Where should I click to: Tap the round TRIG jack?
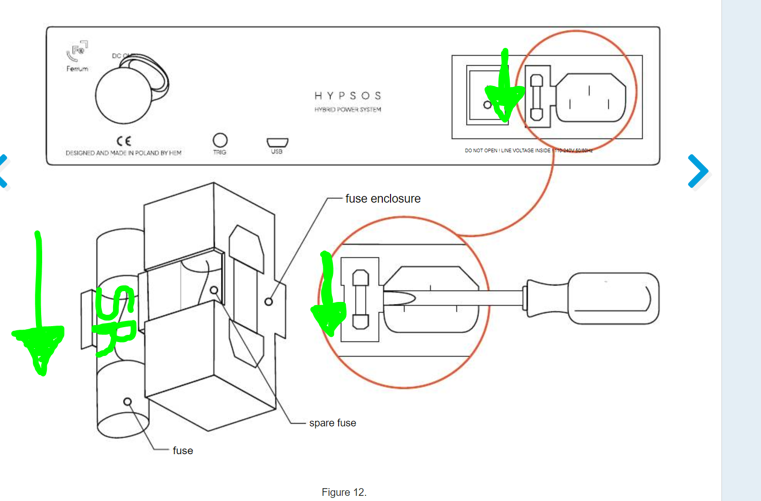220,140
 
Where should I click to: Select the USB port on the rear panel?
277,142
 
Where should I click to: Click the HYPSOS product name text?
348,96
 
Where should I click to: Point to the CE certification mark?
124,141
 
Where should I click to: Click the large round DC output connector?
124,96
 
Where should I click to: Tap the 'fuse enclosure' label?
383,199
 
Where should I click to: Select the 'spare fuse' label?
332,423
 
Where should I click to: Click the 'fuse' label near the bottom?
183,451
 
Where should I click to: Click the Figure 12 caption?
344,492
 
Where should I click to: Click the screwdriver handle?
611,298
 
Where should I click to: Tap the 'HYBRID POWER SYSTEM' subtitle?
348,110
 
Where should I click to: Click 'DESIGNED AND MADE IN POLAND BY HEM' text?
123,153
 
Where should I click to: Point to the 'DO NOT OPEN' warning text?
528,151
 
